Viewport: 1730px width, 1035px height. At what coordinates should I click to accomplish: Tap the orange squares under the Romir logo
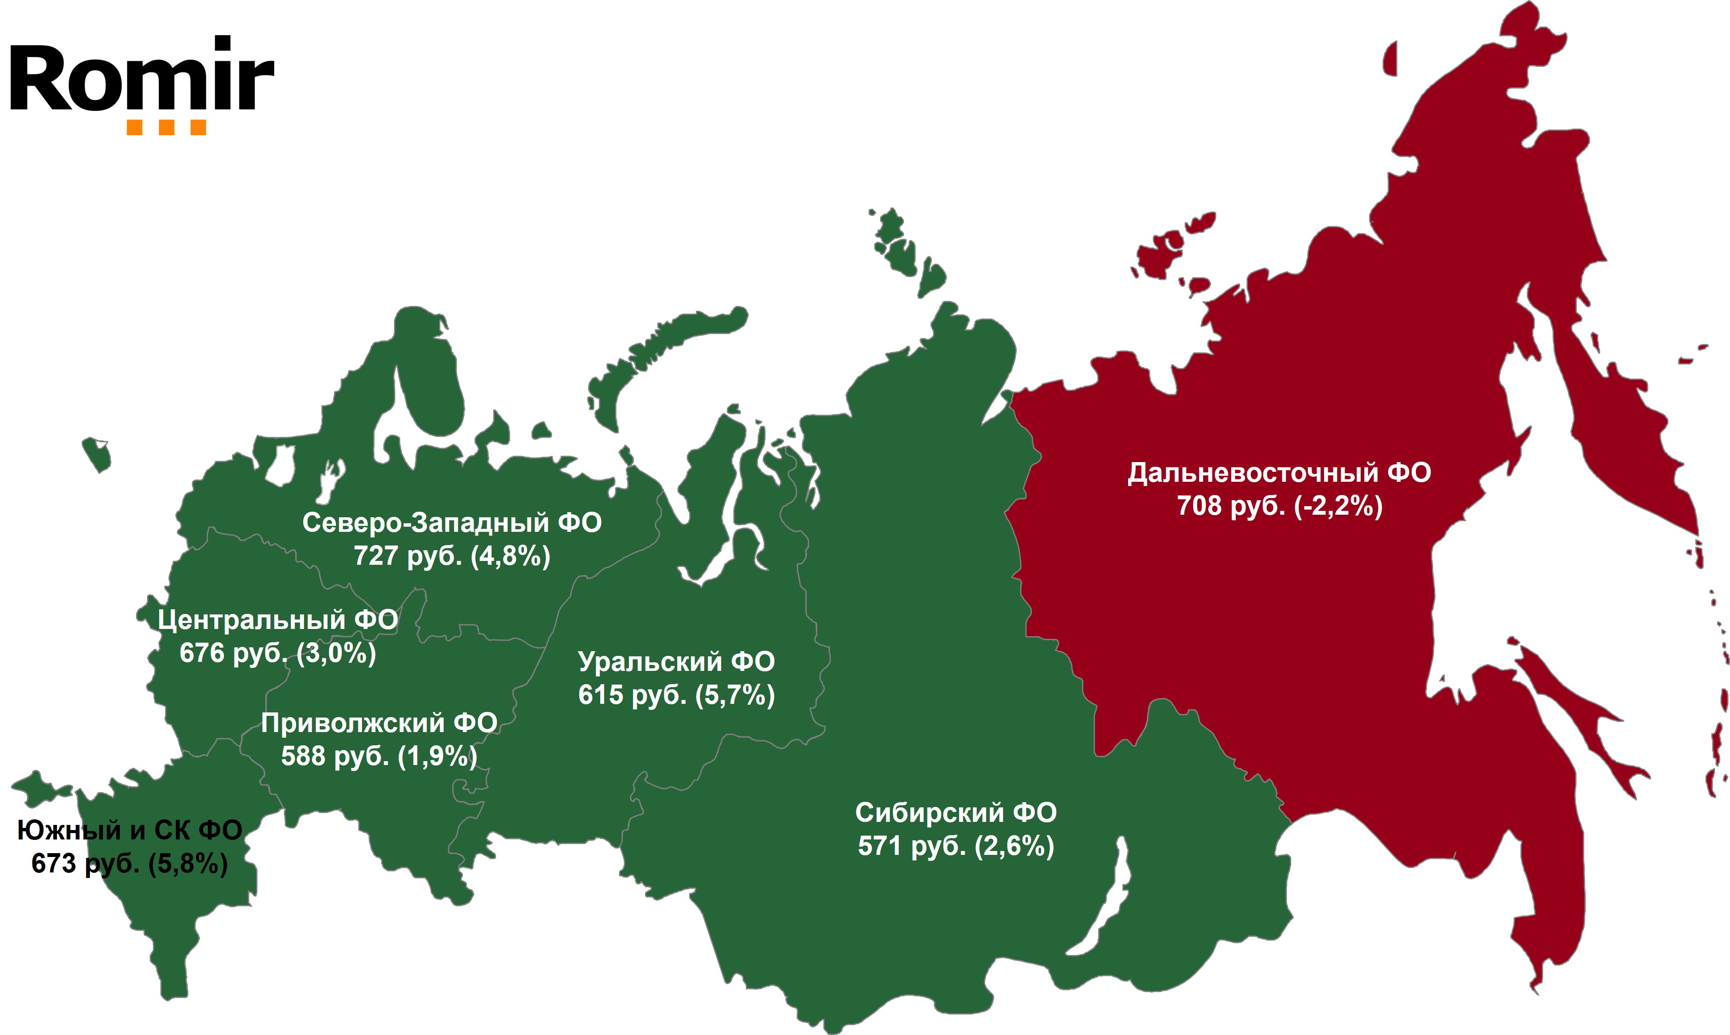click(166, 128)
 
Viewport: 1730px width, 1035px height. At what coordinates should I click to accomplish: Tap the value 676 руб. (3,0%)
click(278, 653)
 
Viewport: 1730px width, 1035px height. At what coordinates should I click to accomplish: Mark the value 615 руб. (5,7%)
click(676, 695)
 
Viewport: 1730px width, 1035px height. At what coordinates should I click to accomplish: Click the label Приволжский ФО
click(379, 723)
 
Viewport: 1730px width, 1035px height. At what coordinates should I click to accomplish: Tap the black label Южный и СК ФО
click(130, 830)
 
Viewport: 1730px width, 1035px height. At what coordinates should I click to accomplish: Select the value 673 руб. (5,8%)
click(130, 864)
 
